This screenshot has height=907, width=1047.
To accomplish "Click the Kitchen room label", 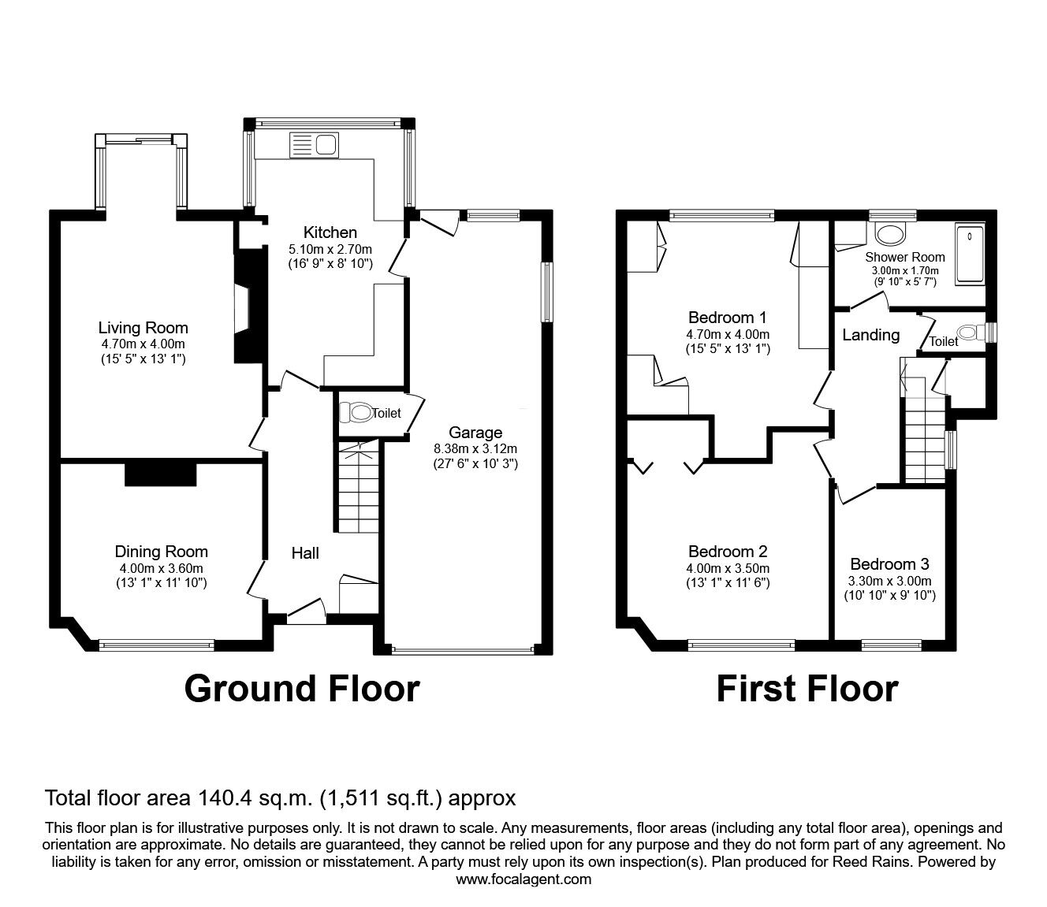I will (x=330, y=232).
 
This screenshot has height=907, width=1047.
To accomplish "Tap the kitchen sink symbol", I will (x=315, y=144).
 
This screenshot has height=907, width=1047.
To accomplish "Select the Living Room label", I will (x=143, y=328).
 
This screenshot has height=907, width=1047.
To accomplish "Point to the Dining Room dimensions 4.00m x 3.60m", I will (x=161, y=568).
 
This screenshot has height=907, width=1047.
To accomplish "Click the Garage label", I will (x=475, y=433).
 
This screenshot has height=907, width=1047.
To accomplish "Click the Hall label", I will (x=305, y=553).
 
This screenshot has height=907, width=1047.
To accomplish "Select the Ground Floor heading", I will (x=301, y=688).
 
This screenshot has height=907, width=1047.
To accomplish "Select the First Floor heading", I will (x=807, y=688).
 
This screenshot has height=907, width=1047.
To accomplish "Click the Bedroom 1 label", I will (x=727, y=318).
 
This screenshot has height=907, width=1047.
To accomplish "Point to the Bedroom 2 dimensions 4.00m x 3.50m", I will (x=727, y=568).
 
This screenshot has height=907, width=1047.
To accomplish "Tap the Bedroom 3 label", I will (x=889, y=564).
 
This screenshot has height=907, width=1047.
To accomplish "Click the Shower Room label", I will (x=904, y=257).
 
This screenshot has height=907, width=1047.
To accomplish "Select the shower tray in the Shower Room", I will (x=970, y=254).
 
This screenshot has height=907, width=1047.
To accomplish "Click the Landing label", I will (x=870, y=335).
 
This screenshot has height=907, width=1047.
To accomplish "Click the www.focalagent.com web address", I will (x=523, y=879).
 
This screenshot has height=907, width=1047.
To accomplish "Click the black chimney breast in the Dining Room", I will (x=160, y=474).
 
